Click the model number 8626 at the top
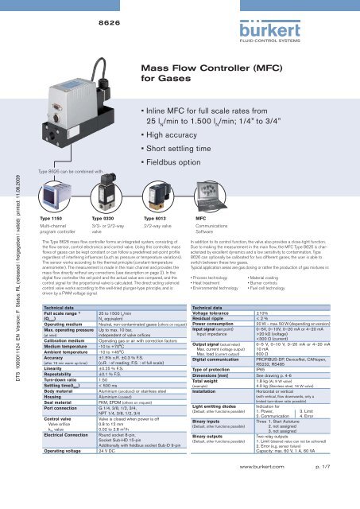coord(97,14)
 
